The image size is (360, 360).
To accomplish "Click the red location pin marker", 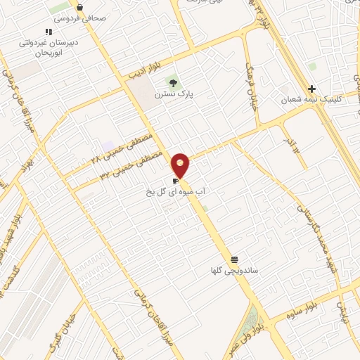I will (181, 164).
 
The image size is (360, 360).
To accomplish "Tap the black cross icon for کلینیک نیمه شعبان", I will (311, 89).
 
